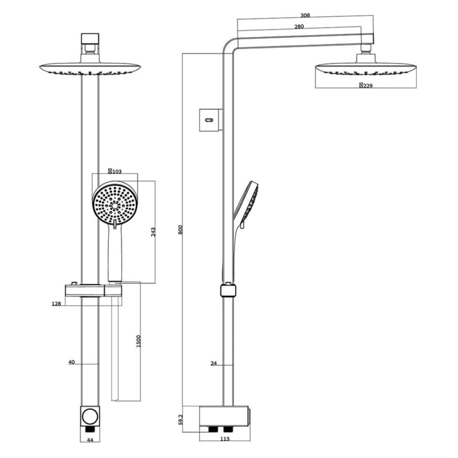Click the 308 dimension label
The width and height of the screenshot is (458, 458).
pos(305,15)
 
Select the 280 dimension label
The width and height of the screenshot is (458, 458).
pos(299,26)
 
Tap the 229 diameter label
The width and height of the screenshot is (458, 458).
pos(366,85)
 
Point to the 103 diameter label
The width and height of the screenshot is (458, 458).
pos(115,171)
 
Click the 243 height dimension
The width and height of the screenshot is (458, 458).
pos(153,232)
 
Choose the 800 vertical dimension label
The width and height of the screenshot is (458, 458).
pos(180,230)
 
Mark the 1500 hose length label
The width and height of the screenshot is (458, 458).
pos(138,341)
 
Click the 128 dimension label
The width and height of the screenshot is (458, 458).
pos(56,304)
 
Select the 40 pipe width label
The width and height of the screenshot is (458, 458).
pos(72,362)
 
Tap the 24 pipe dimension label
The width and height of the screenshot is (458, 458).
pos(214,363)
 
